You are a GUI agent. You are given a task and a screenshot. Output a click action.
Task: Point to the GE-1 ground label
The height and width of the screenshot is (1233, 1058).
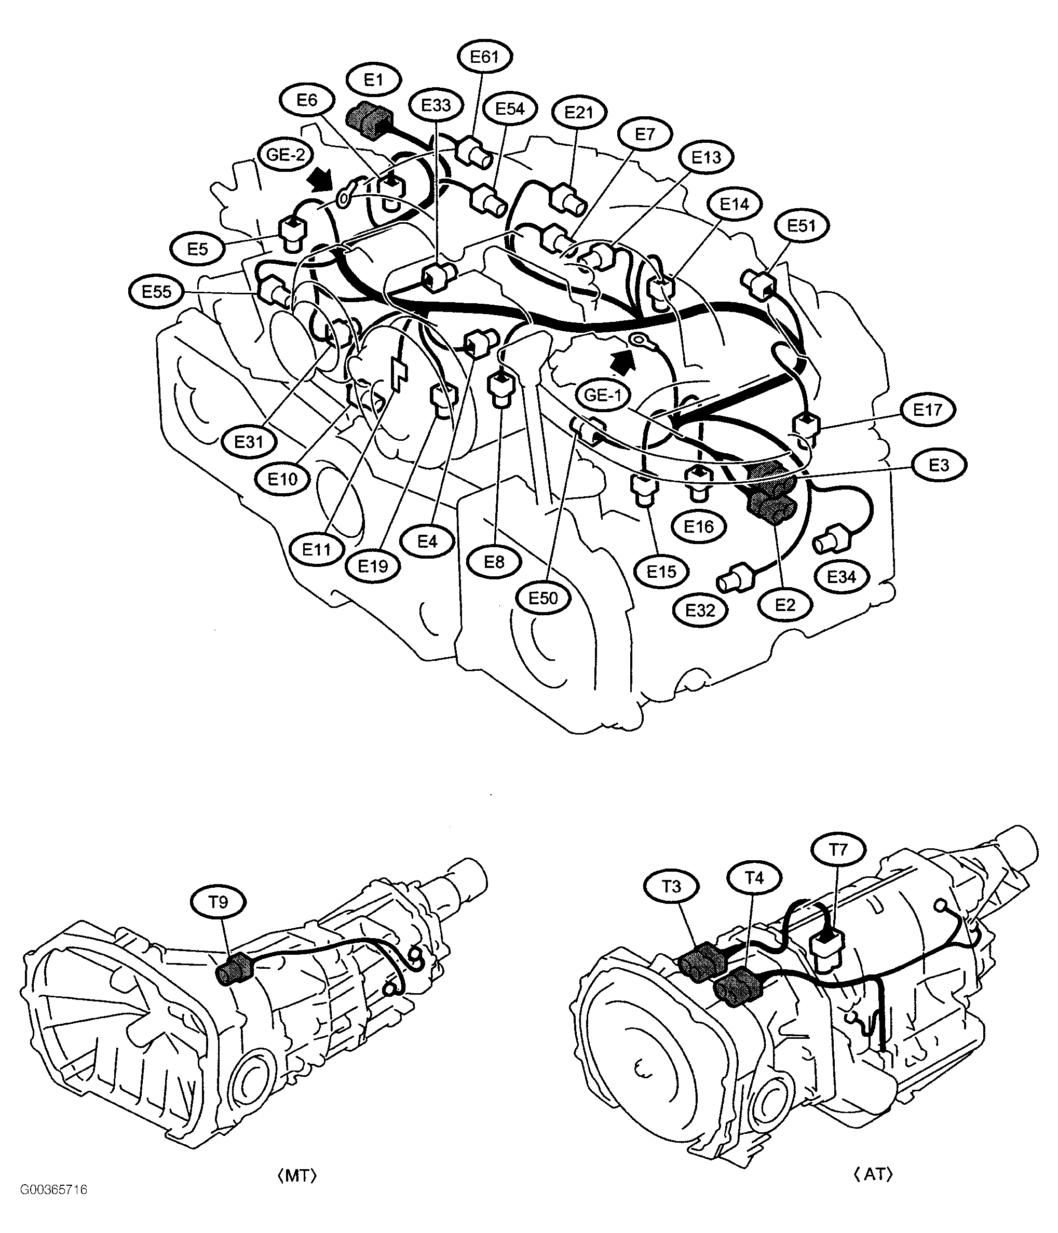coord(603,395)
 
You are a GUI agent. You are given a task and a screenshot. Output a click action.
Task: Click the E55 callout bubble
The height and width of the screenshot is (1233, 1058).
coord(156,292)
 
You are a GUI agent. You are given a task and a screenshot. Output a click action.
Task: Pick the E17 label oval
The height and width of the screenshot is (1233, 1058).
coord(928,410)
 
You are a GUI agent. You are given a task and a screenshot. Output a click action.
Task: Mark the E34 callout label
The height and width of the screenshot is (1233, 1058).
coord(842,577)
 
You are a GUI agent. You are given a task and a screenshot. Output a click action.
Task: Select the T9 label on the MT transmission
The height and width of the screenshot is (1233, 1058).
coord(219,903)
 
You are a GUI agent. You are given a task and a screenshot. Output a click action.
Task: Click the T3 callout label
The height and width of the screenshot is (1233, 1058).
coord(671,887)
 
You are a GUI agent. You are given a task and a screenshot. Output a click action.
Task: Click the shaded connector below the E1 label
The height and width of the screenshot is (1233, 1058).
coord(369,121)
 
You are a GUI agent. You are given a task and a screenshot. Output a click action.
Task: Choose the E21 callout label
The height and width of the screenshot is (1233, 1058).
coord(578,112)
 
